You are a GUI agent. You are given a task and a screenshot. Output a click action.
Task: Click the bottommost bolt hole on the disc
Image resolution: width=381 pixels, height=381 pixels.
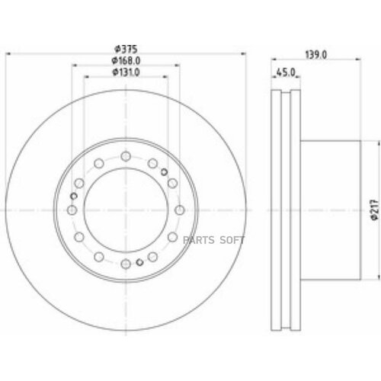[x=126, y=264]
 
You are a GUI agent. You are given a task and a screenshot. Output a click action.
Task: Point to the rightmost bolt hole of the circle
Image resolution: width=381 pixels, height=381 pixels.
[x=179, y=210]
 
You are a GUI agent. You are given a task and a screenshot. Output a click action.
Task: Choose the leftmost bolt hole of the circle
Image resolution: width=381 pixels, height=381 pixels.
[x=72, y=210]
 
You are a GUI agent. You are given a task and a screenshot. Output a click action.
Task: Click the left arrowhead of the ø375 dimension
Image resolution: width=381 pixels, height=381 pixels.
[x=9, y=56]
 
